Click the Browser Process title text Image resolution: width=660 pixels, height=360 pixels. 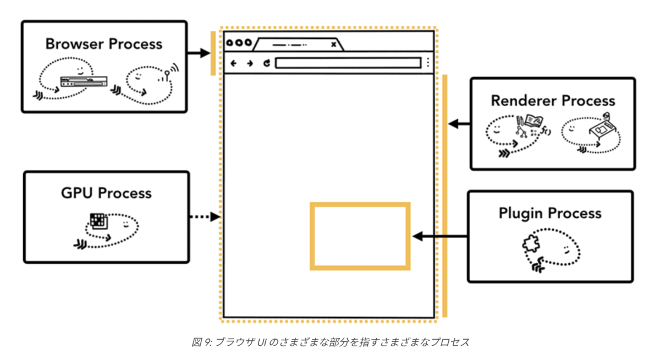click(104, 44)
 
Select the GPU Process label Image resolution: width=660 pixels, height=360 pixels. click(106, 193)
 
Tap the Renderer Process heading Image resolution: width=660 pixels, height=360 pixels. click(553, 101)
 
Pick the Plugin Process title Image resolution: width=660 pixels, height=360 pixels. click(550, 213)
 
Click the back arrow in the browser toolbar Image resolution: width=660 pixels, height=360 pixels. click(233, 63)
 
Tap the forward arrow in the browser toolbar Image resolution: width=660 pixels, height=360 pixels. click(250, 63)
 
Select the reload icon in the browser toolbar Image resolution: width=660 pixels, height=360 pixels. click(267, 63)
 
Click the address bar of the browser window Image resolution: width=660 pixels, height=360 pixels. click(348, 63)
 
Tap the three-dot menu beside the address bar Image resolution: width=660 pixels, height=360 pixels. click(428, 63)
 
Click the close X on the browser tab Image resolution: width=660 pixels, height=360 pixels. click(333, 45)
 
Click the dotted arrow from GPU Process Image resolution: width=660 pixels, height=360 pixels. click(205, 217)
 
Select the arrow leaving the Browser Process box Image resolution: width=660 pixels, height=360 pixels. click(199, 53)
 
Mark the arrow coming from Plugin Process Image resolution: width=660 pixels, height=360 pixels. click(440, 236)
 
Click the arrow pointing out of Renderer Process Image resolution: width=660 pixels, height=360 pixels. click(459, 124)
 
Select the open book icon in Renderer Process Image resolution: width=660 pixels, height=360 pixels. click(533, 121)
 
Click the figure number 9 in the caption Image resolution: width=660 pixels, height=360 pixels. click(207, 342)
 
